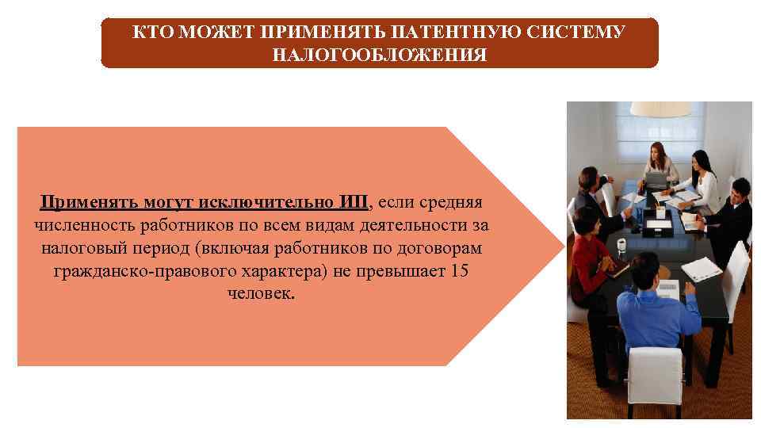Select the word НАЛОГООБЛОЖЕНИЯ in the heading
[x=380, y=55]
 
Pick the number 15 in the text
[x=460, y=272]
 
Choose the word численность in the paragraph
[x=84, y=226]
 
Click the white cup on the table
[x=622, y=243]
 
